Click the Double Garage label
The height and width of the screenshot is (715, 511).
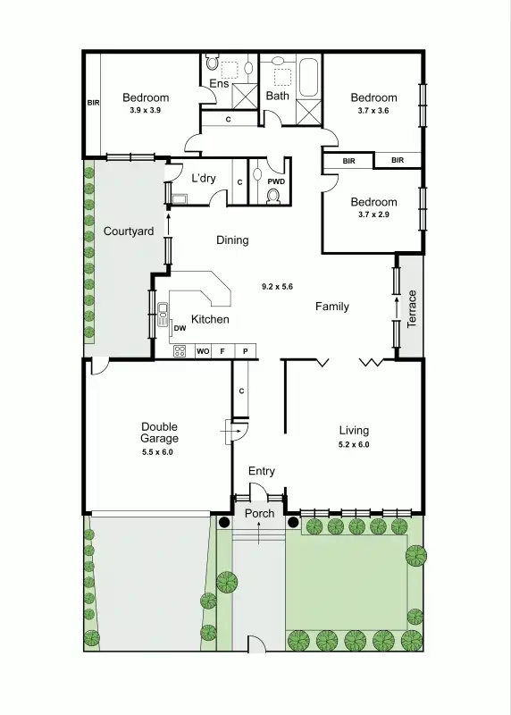[159, 433]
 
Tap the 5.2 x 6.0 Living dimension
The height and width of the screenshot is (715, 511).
[353, 444]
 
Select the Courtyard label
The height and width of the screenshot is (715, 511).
[129, 231]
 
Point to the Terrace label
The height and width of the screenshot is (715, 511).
[412, 307]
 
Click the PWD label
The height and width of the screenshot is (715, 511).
[277, 181]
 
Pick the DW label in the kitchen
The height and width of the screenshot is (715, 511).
[180, 328]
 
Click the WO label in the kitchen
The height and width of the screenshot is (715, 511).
[203, 351]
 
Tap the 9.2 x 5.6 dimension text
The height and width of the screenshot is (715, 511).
[277, 286]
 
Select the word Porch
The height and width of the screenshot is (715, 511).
[259, 513]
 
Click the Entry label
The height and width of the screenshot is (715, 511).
[262, 471]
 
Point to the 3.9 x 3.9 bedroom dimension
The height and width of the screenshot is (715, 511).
[145, 110]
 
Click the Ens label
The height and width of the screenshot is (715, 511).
[219, 84]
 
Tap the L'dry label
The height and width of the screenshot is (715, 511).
[204, 178]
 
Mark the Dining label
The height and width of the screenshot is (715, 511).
[232, 240]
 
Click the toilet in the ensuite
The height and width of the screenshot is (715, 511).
[212, 63]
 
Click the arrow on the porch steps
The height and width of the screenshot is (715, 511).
[259, 533]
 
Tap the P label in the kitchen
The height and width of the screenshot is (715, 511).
[245, 351]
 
